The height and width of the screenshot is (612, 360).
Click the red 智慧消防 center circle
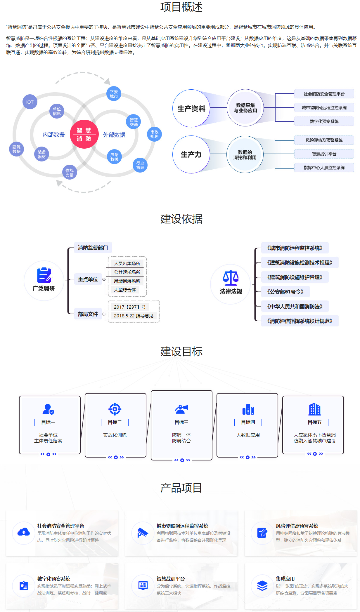[84, 134]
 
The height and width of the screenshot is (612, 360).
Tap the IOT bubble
[30, 102]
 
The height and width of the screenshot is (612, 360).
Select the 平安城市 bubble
[114, 94]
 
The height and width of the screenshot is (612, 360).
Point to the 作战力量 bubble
[70, 173]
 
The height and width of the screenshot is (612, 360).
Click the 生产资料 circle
[191, 109]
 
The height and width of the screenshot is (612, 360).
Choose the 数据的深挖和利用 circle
[245, 154]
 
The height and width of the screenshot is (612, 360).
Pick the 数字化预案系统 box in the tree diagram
[324, 121]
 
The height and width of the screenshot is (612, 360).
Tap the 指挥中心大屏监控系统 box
[324, 168]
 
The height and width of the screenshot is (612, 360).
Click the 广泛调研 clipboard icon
[44, 275]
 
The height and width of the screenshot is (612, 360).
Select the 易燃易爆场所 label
[127, 281]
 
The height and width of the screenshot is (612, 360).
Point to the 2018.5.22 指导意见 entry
[134, 316]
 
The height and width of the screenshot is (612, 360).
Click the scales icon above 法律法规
[231, 278]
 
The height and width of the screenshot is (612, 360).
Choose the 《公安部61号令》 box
[285, 292]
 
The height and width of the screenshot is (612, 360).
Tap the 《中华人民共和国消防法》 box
[295, 306]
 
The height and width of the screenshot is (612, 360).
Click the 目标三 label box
[181, 422]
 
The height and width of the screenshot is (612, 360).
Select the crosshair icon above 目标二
[115, 409]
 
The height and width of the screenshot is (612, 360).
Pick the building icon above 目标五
[315, 409]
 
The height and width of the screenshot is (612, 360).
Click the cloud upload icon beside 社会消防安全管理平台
[24, 533]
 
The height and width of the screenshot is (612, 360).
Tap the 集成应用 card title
[285, 579]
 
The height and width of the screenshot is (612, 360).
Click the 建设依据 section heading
[181, 219]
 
